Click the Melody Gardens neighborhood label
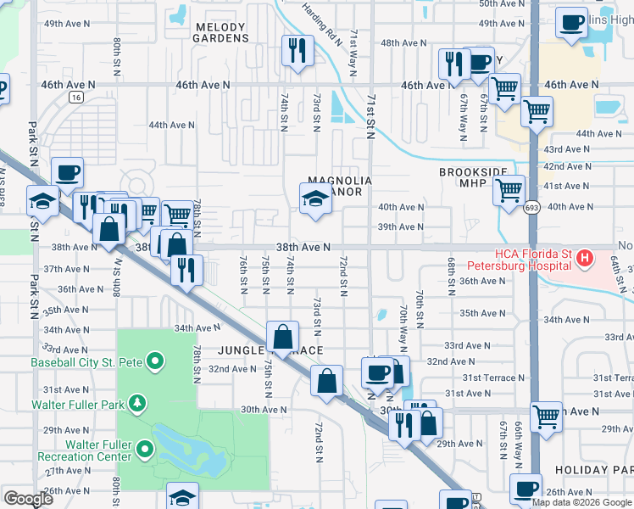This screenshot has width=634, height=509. pyautogui.click(x=220, y=32)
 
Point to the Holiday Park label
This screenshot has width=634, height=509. pyautogui.click(x=593, y=469)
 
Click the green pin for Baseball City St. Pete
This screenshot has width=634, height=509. pyautogui.click(x=154, y=362)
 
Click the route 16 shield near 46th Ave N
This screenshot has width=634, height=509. pyautogui.click(x=77, y=98)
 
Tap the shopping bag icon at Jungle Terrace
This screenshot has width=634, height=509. pyautogui.click(x=282, y=337)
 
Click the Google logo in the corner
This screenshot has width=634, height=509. pyautogui.click(x=30, y=499)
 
